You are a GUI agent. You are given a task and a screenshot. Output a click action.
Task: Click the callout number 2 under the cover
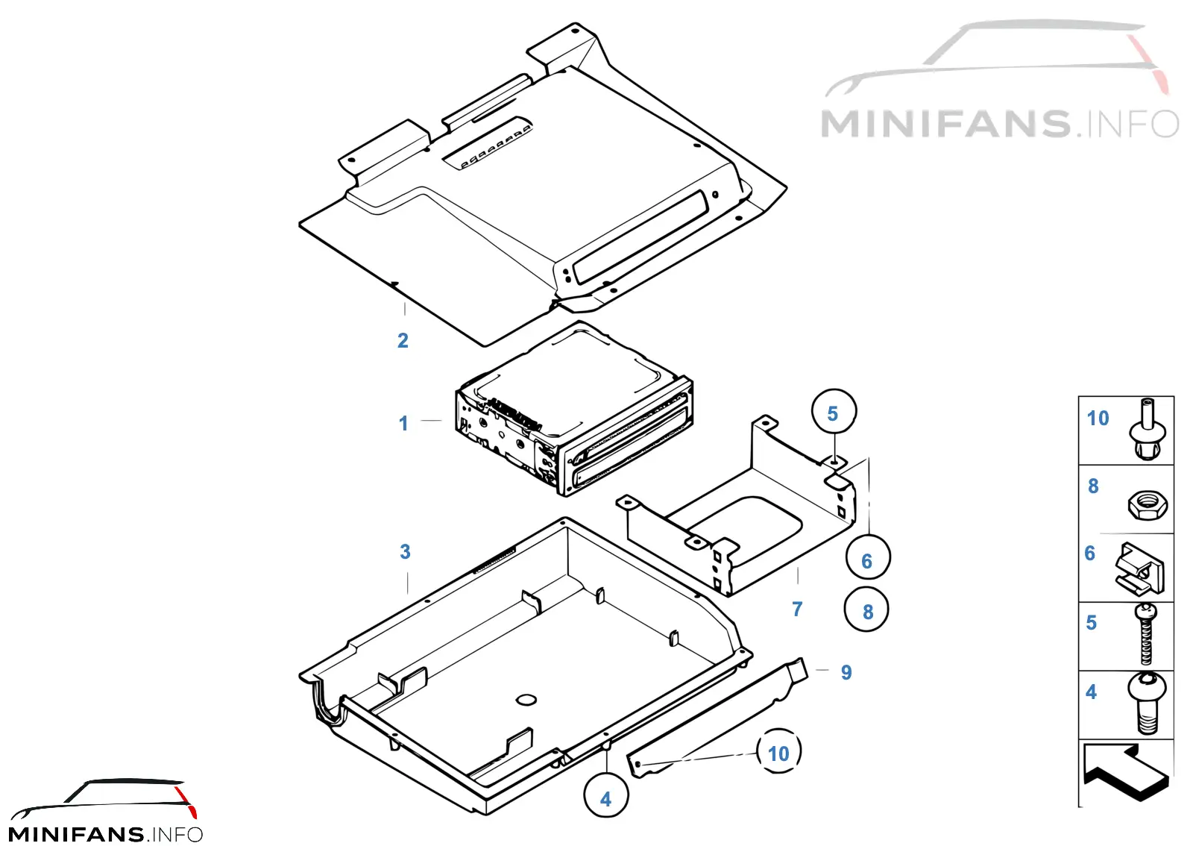(x=403, y=340)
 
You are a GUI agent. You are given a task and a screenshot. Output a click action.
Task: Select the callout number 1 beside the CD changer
(x=403, y=424)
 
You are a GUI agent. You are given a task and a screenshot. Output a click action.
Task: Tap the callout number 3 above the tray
(x=406, y=552)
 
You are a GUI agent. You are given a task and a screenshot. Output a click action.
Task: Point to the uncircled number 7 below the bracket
(x=797, y=609)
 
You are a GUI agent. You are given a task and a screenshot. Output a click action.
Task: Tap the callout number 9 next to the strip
(x=846, y=672)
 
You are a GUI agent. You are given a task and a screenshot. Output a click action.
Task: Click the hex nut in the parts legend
(x=1148, y=506)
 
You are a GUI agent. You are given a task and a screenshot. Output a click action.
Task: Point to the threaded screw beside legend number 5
(x=1146, y=633)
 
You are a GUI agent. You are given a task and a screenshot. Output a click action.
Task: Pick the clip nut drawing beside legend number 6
(x=1140, y=568)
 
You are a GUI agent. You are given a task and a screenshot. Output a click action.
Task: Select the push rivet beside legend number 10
(x=1147, y=429)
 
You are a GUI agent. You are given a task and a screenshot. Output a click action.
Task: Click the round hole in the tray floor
(x=526, y=700)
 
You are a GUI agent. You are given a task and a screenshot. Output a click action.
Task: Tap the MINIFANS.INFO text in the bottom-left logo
(x=105, y=834)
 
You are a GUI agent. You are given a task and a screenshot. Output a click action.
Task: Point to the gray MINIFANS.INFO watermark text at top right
(x=1000, y=124)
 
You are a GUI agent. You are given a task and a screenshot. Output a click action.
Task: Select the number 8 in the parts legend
(x=1093, y=486)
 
